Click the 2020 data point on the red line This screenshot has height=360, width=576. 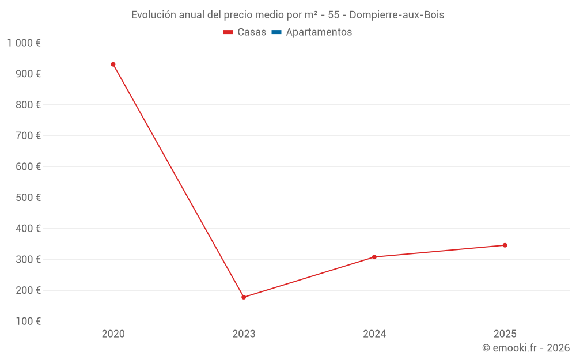(x=113, y=65)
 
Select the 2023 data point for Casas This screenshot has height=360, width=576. (x=244, y=297)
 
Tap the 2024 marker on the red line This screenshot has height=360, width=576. (x=374, y=257)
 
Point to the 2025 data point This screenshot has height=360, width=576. (x=505, y=245)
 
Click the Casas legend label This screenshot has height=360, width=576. (x=252, y=32)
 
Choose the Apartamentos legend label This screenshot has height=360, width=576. (x=319, y=32)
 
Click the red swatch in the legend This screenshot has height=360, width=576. (x=228, y=32)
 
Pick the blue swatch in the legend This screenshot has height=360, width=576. (x=276, y=32)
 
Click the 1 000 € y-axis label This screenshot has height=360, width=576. (x=24, y=43)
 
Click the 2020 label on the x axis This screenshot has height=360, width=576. (x=113, y=334)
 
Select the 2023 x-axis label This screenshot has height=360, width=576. (x=244, y=334)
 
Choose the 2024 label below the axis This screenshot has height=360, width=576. (x=374, y=334)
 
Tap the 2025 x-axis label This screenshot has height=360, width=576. (x=505, y=334)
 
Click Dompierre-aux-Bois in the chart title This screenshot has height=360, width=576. (x=397, y=15)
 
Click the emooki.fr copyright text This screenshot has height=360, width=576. (x=526, y=348)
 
